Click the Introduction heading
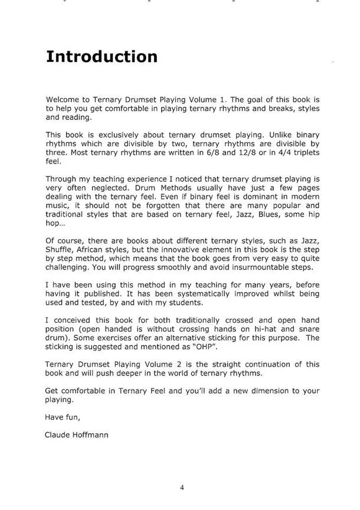pos(102,57)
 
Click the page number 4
pos(182,488)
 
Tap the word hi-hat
pos(265,329)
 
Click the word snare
pos(307,329)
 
